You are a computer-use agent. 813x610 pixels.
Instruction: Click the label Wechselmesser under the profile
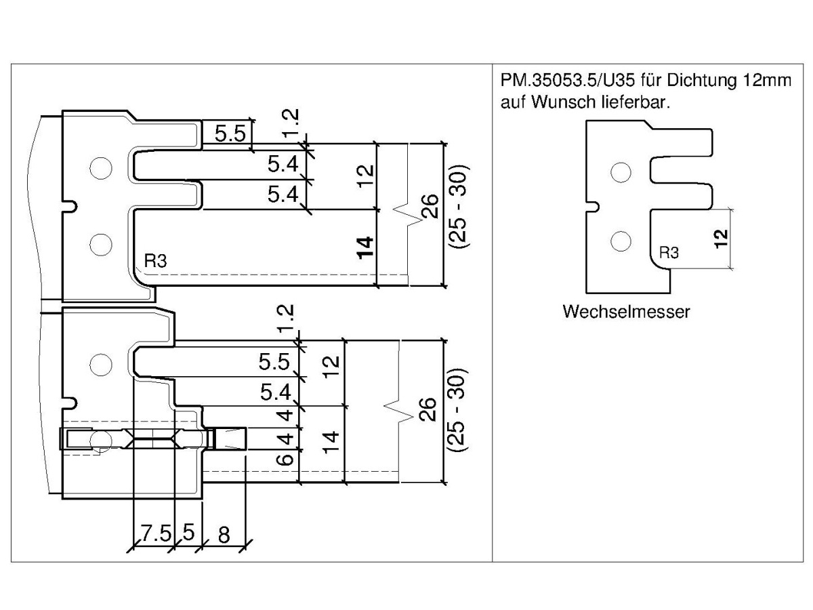626,312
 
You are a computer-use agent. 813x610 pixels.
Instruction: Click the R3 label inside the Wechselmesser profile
669,253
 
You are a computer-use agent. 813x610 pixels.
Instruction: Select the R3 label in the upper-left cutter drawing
155,261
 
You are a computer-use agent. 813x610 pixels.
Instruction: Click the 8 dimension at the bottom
224,534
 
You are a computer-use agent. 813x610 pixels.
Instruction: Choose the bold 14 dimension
365,248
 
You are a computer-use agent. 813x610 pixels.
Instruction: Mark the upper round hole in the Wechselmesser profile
617,172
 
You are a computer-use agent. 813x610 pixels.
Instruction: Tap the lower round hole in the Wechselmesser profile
617,239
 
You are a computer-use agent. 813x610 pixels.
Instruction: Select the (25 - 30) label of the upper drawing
458,205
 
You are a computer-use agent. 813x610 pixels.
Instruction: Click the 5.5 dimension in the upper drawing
230,134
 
